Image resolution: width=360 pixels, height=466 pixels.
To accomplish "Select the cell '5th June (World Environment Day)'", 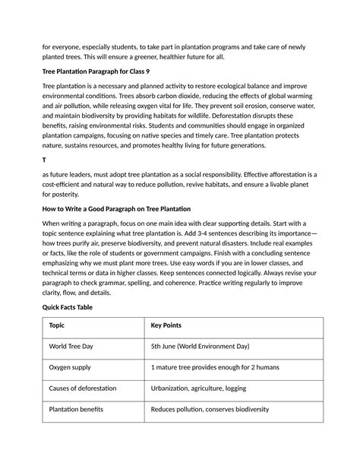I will click(x=200, y=346).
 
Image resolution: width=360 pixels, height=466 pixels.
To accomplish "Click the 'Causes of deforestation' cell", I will click(x=83, y=388).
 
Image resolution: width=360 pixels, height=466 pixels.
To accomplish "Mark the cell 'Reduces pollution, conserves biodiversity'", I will click(x=210, y=410).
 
